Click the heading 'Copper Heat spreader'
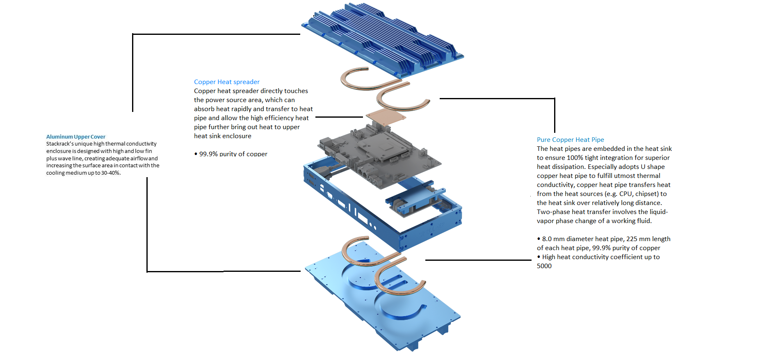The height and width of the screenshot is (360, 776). pyautogui.click(x=226, y=82)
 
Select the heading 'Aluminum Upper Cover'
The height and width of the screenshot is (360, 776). pyautogui.click(x=75, y=137)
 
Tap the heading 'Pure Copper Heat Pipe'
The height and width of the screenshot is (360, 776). pyautogui.click(x=570, y=140)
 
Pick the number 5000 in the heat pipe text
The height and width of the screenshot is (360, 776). pyautogui.click(x=544, y=266)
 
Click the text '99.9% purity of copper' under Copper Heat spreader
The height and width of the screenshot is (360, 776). pyautogui.click(x=233, y=154)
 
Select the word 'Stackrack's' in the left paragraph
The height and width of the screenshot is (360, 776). pyautogui.click(x=59, y=144)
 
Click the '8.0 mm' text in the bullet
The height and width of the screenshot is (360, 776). pyautogui.click(x=553, y=239)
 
